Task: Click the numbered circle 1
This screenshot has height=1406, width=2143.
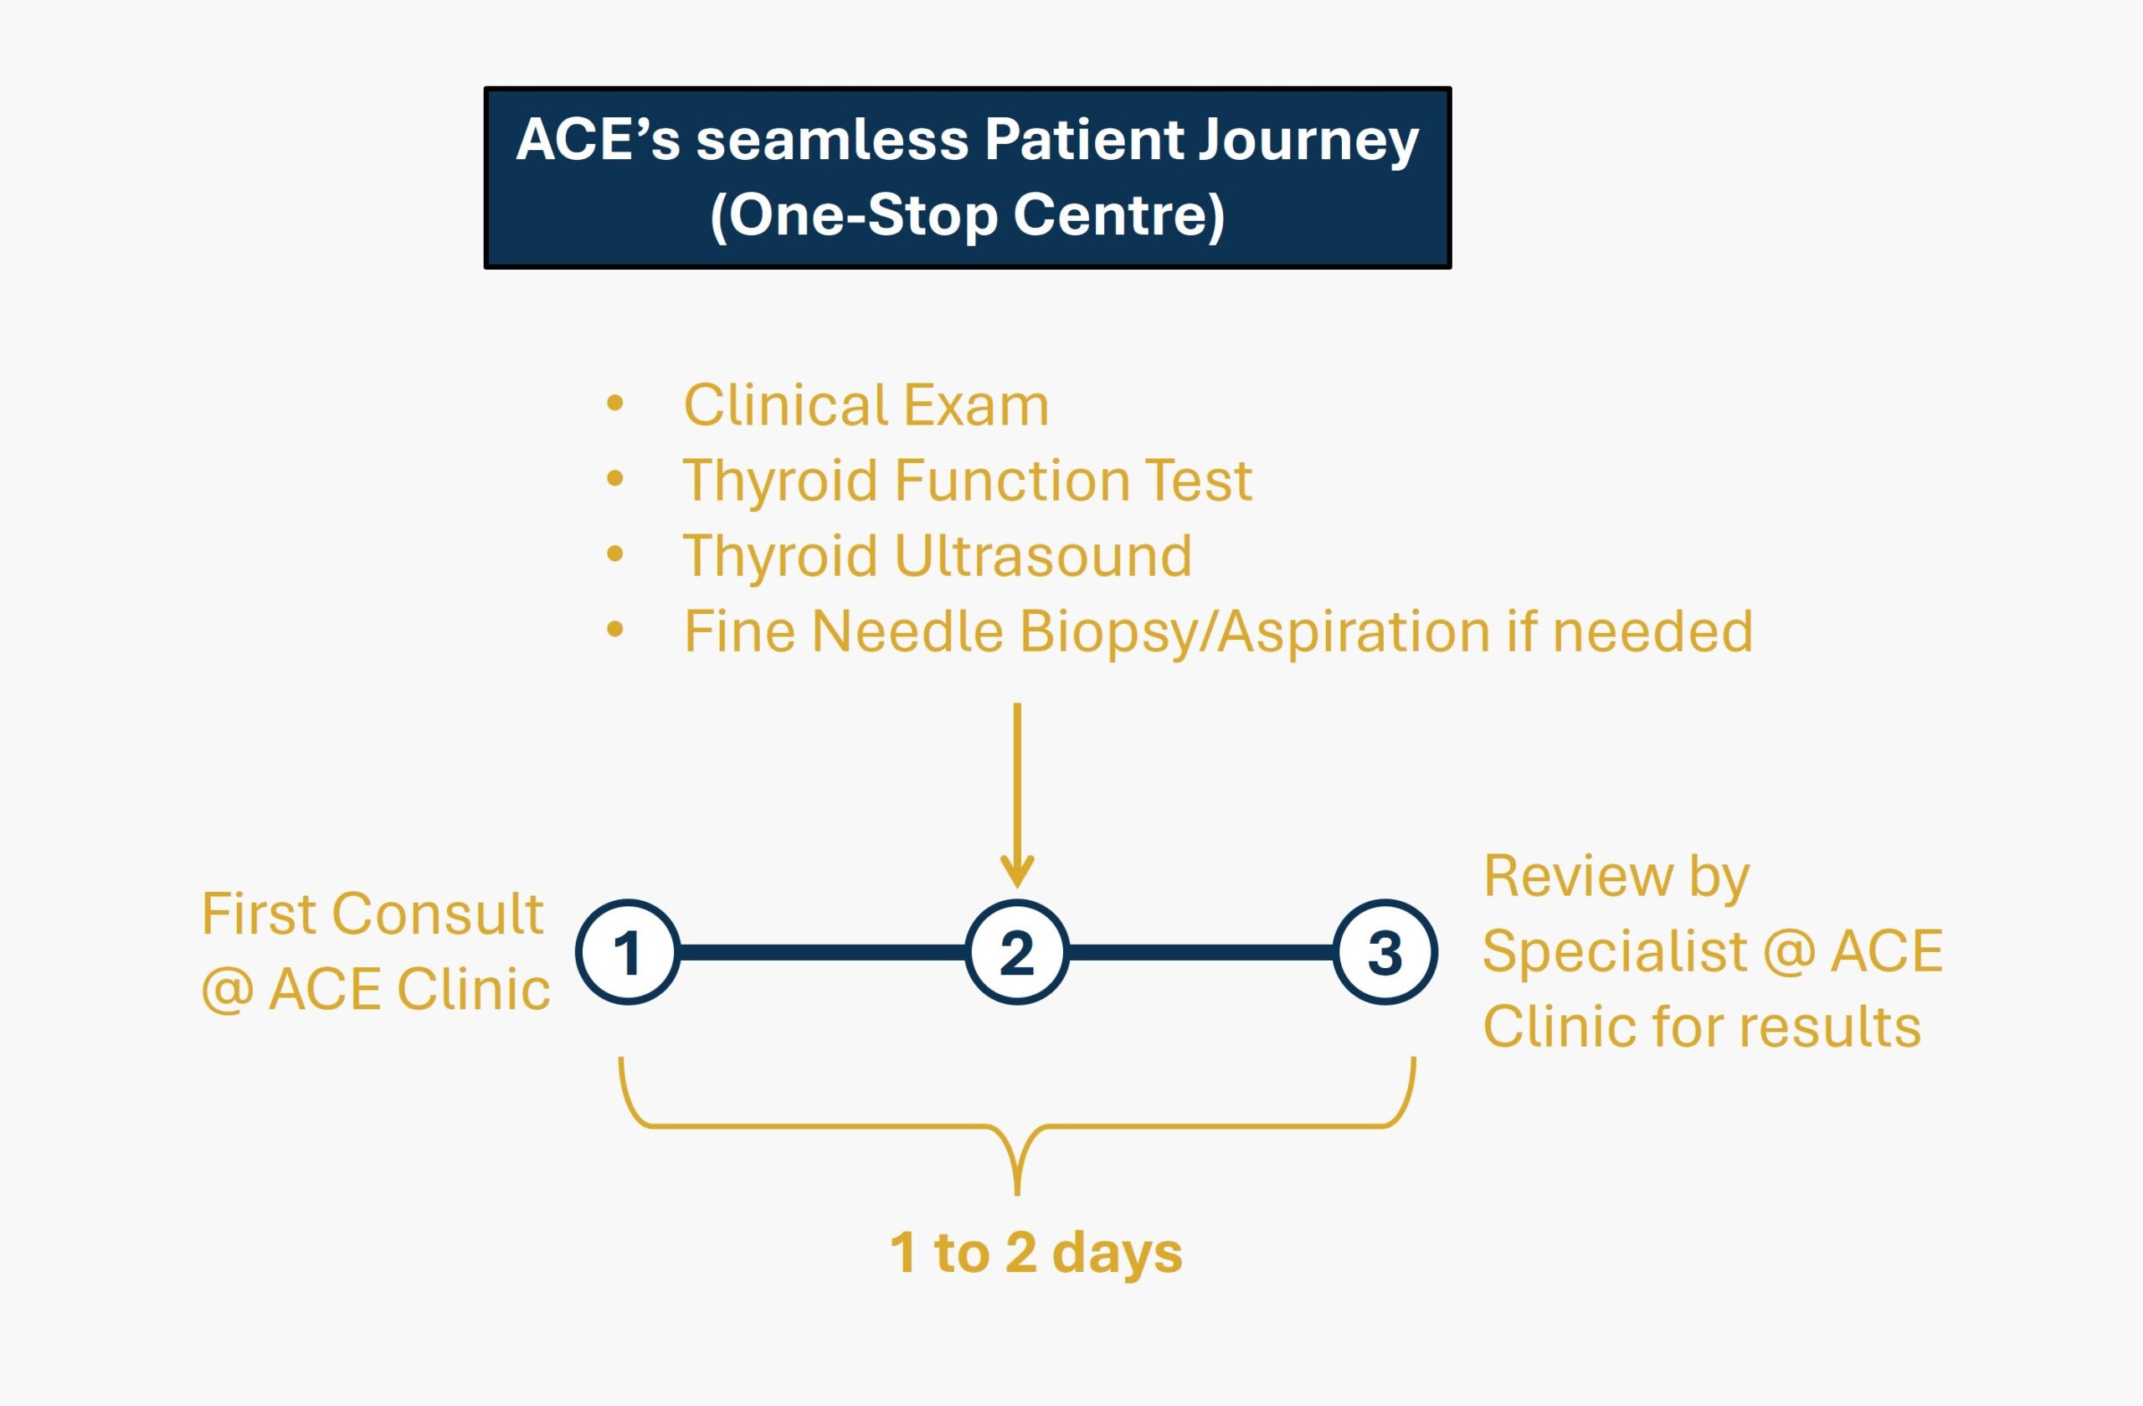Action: click(628, 952)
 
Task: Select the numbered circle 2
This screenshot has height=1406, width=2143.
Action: click(1016, 952)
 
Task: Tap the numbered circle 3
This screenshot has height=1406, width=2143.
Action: click(1385, 952)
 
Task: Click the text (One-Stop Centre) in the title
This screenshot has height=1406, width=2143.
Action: click(967, 216)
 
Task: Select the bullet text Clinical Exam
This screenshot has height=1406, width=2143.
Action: click(866, 405)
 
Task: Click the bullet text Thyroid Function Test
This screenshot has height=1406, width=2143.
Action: click(967, 480)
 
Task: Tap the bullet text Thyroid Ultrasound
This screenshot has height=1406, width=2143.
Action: click(938, 555)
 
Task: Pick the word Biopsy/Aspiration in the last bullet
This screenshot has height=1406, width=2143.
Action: click(1253, 631)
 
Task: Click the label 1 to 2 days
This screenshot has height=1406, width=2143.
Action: click(1036, 1252)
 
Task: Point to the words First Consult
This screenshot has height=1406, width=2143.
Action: click(372, 914)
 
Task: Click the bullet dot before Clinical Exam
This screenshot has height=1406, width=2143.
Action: click(615, 403)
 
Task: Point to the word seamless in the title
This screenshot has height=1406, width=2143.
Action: click(832, 140)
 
